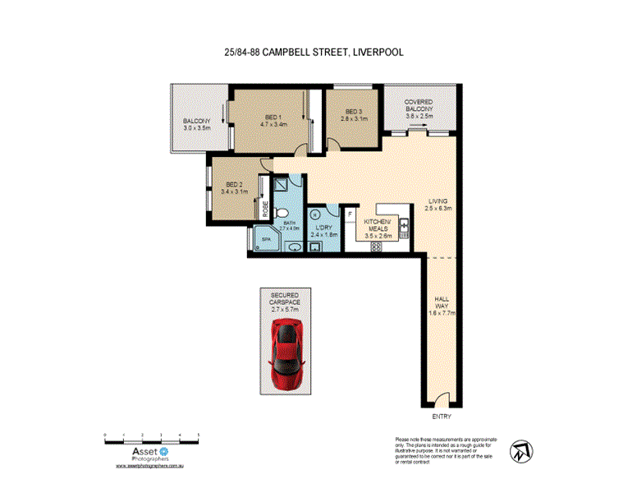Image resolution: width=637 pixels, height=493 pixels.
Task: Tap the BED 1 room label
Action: (273, 121)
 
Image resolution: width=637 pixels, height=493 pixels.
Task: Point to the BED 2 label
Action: (234, 188)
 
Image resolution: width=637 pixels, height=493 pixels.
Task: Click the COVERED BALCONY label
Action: (419, 108)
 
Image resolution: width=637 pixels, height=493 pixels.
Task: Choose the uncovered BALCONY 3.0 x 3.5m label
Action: (197, 125)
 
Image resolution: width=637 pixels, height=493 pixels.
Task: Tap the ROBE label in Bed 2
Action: (265, 210)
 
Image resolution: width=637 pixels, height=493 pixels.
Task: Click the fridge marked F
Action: (351, 215)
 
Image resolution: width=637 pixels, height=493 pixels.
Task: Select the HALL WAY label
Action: (442, 305)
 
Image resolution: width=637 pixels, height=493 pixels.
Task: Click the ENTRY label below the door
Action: (441, 417)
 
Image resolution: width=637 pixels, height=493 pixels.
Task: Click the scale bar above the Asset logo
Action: (152, 438)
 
